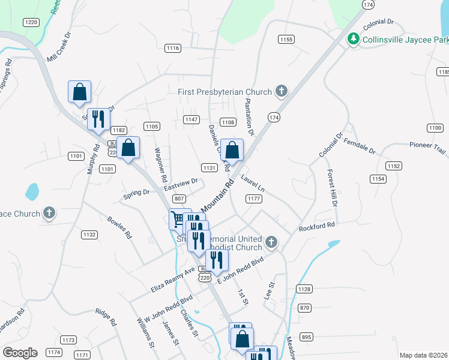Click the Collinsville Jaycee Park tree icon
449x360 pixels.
tap(354, 40)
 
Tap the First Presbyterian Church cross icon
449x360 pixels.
tap(280, 92)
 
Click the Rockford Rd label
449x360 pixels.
tap(316, 227)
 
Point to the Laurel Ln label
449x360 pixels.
tap(253, 183)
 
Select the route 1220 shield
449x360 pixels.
tap(31, 22)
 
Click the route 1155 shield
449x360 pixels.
tap(286, 39)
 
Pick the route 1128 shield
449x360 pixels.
tap(304, 289)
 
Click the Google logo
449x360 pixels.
tap(20, 352)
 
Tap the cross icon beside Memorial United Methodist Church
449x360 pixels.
tap(271, 242)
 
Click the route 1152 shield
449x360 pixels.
tap(394, 166)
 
